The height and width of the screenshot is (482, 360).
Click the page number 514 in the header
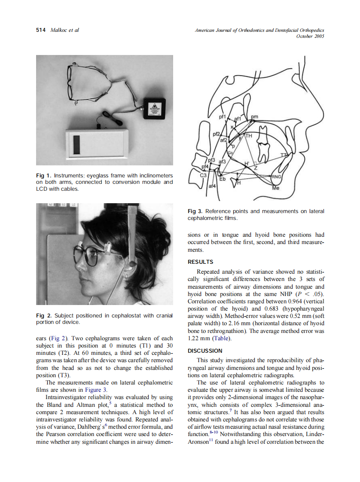click(41, 30)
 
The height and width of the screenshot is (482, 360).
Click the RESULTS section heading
click(200, 262)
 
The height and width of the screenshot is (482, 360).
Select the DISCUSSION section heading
click(205, 351)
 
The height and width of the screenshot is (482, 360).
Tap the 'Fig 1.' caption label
click(44, 176)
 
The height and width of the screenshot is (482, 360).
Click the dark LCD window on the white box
click(76, 144)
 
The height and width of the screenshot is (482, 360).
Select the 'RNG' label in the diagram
click(276, 176)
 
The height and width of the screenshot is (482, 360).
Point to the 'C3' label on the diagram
click(204, 175)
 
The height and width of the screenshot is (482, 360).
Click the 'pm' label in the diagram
click(254, 117)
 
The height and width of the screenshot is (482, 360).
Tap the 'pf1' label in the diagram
click(222, 117)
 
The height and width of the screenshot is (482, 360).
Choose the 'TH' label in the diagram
click(249, 136)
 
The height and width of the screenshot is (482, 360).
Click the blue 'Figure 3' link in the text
click(95, 390)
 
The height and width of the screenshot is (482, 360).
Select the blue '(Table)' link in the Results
click(222, 338)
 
